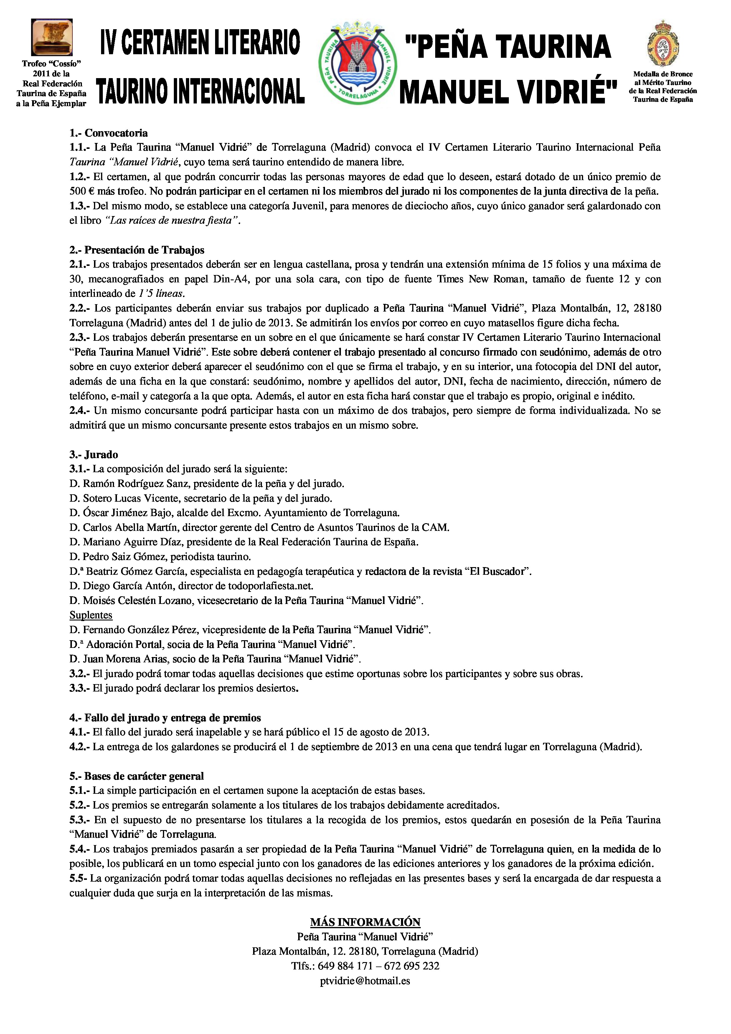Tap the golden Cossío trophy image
tap(52, 37)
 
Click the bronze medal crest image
tap(663, 44)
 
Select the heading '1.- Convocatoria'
tap(108, 133)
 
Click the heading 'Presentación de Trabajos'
tap(144, 250)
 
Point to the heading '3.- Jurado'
tap(94, 455)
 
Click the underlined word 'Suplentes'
tap(91, 615)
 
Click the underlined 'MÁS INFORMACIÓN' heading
tap(365, 922)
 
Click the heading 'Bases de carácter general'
tap(144, 776)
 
